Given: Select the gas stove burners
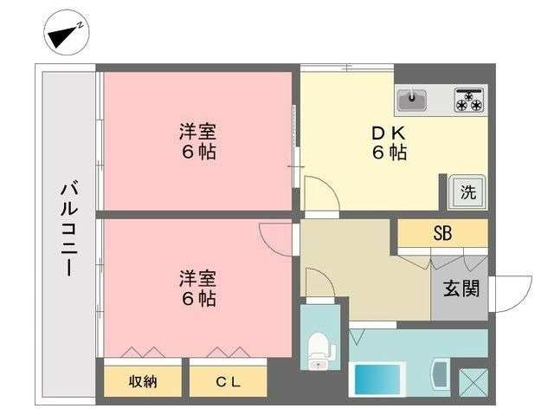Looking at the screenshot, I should tap(468, 101).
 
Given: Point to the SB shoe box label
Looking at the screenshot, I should tap(442, 233).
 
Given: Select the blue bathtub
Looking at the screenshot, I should tap(378, 379).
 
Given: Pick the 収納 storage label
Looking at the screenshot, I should tap(144, 381).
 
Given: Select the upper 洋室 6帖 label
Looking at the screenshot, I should tap(197, 142).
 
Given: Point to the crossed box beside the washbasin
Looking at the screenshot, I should tap(473, 382).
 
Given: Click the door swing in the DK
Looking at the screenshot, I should tap(315, 192).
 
